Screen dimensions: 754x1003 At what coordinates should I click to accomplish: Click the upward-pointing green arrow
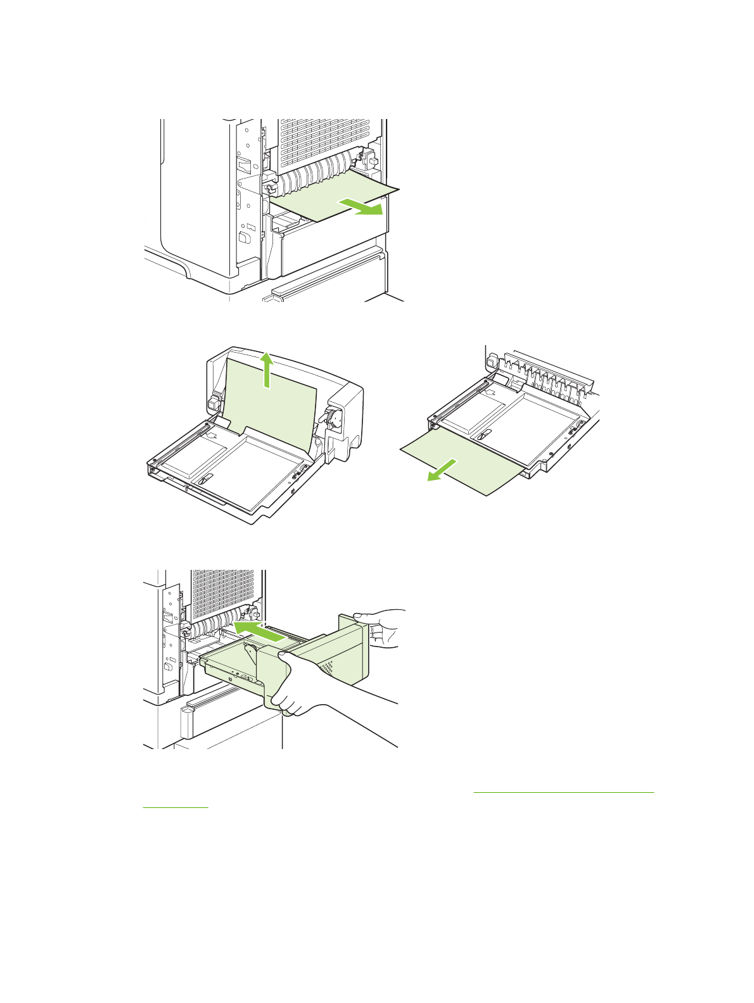coord(268,370)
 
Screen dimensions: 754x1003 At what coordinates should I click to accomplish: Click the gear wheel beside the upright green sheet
coord(332,419)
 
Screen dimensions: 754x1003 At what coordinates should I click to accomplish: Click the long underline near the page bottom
coord(563,792)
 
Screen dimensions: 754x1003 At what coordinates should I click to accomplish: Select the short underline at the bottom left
coord(176,807)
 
